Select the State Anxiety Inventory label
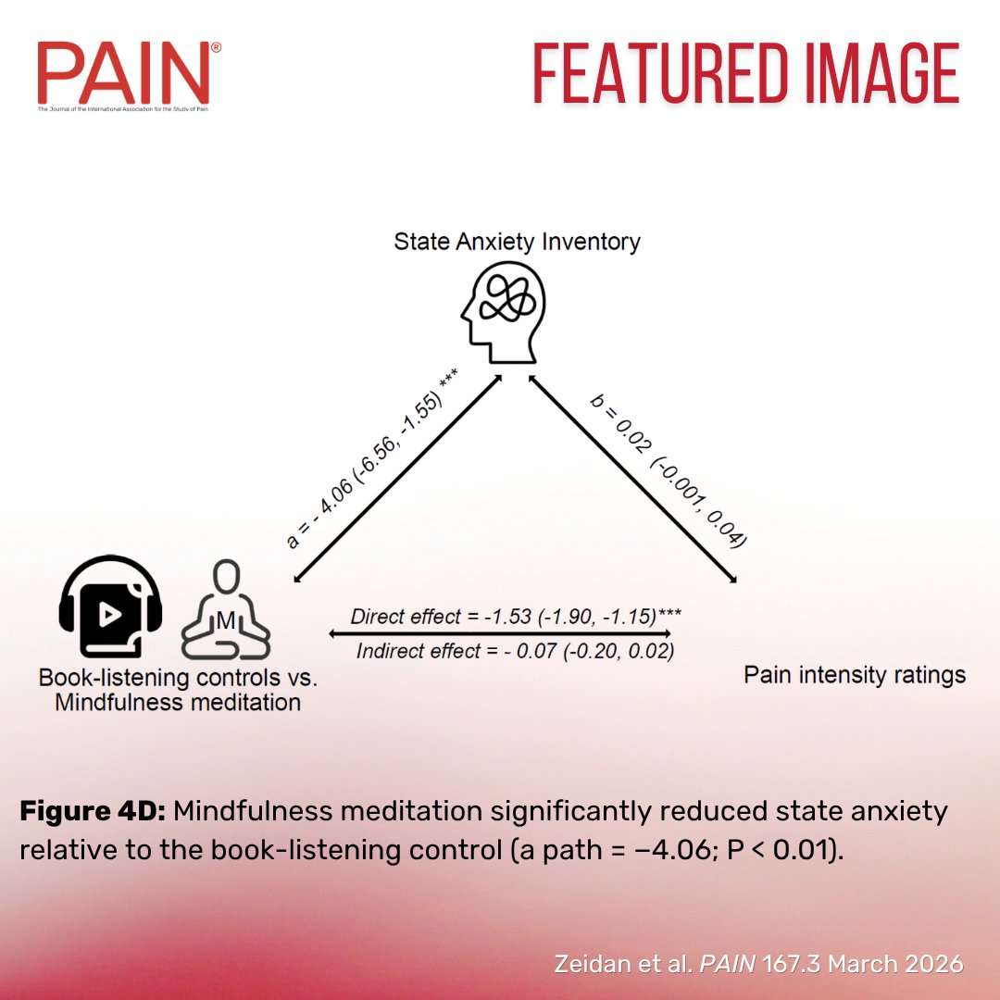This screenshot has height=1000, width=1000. click(517, 243)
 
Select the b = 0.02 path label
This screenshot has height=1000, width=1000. click(669, 471)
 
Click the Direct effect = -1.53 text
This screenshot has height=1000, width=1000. click(517, 616)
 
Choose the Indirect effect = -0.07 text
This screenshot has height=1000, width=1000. click(515, 651)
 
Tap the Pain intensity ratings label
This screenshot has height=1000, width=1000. click(855, 675)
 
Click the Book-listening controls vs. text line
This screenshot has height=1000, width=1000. click(178, 678)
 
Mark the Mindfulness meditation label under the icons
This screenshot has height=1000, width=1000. click(178, 703)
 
